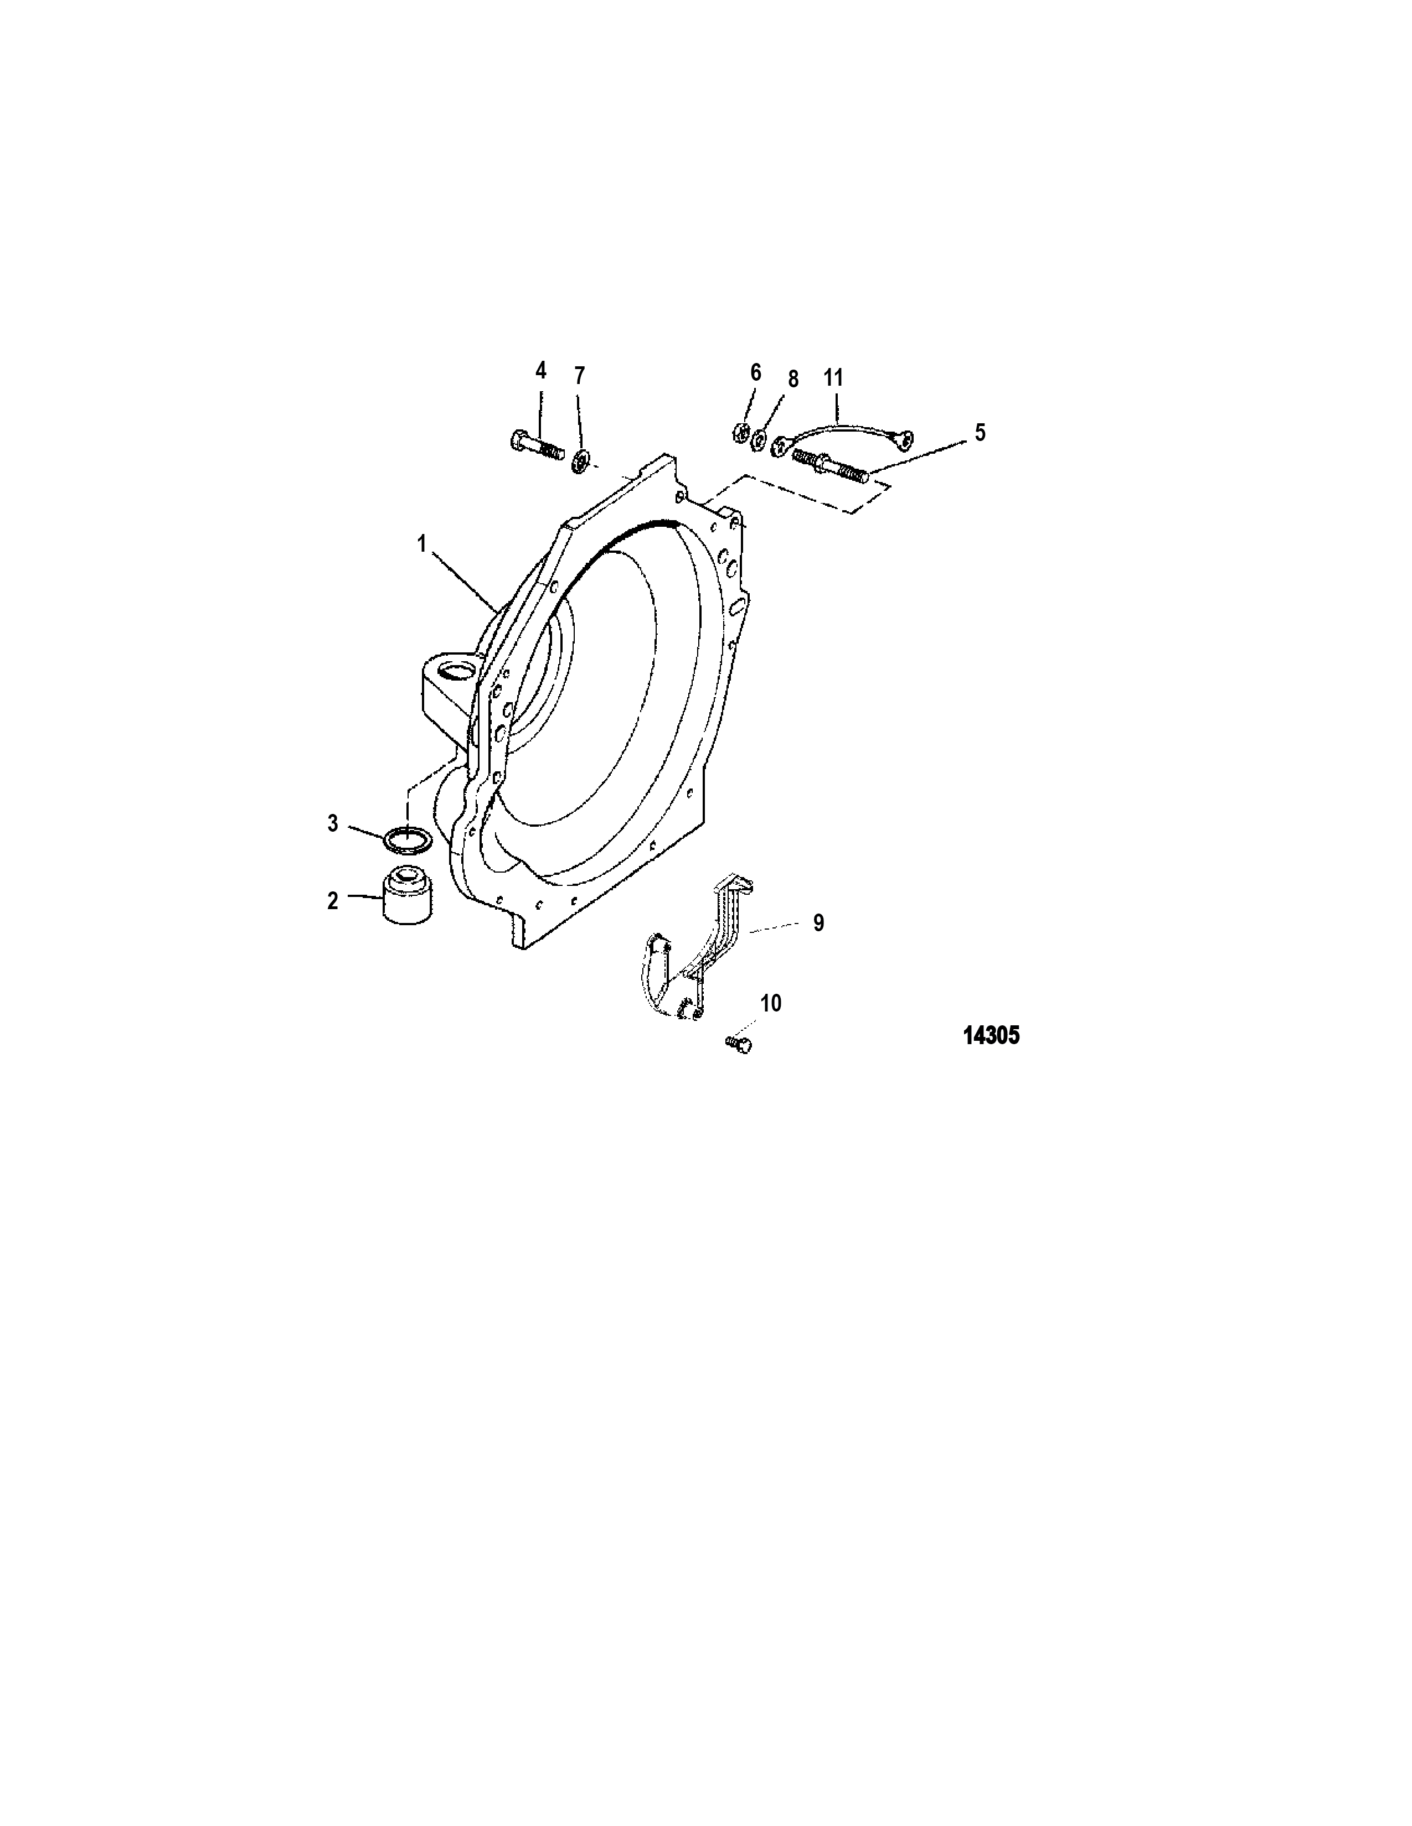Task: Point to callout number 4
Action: [x=540, y=370]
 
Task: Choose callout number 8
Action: [x=792, y=380]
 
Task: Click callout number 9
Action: [x=818, y=922]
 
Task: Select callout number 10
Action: [x=770, y=1003]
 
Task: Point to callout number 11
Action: [x=833, y=377]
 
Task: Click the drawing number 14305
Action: [x=991, y=1036]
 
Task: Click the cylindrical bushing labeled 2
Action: [x=408, y=897]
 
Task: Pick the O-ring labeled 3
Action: [x=408, y=839]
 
